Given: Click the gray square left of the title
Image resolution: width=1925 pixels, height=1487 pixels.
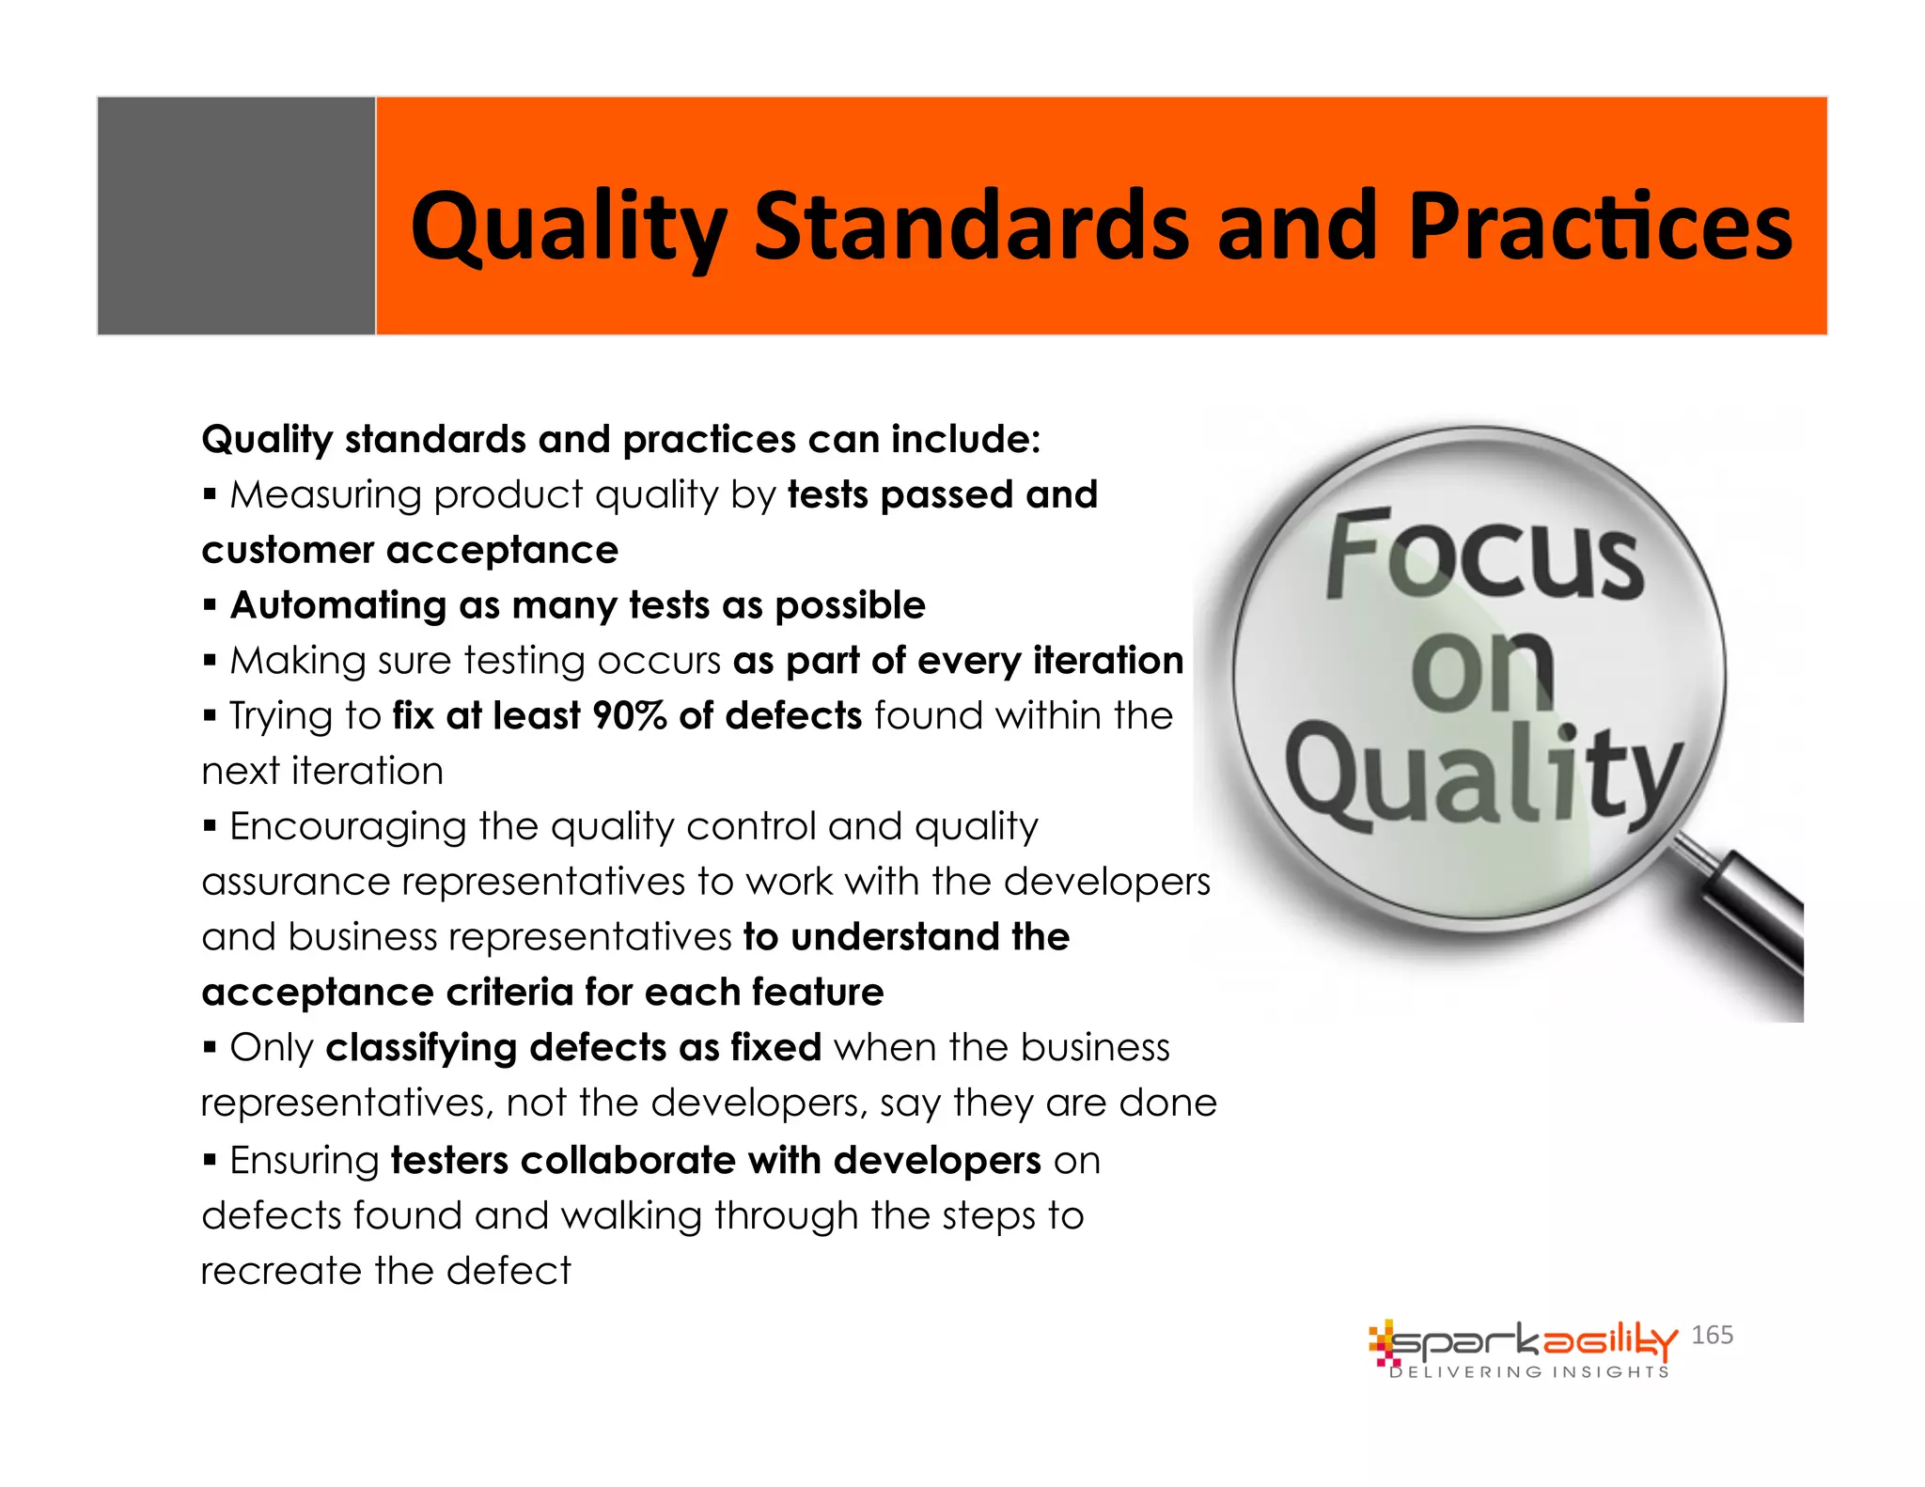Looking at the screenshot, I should tap(236, 215).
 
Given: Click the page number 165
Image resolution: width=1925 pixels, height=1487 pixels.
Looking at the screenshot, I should tap(1712, 1335).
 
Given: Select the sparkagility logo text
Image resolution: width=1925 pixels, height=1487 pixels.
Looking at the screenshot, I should tap(1532, 1341).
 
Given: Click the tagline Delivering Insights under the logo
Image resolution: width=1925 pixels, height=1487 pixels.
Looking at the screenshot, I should tap(1529, 1372).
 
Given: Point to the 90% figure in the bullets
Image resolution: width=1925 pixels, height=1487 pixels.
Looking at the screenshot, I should tap(629, 716).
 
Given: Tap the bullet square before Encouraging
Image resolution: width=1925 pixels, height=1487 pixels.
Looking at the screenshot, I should tap(210, 826).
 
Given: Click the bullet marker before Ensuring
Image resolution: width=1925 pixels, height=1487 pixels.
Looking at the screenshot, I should tap(210, 1160).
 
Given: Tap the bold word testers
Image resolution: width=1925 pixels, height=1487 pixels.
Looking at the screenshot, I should tap(449, 1161).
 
